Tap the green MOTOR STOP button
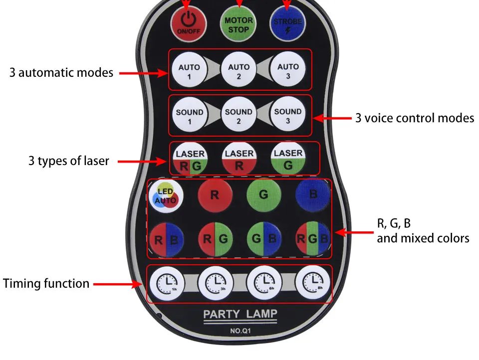click(239, 24)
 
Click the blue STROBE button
click(287, 24)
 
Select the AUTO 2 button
click(239, 71)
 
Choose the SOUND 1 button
click(189, 116)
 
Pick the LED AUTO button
click(165, 195)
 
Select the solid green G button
click(263, 195)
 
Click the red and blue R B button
click(166, 238)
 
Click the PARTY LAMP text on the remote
click(240, 314)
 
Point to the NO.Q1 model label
click(240, 330)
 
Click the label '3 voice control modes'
click(415, 118)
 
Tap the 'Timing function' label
click(46, 284)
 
